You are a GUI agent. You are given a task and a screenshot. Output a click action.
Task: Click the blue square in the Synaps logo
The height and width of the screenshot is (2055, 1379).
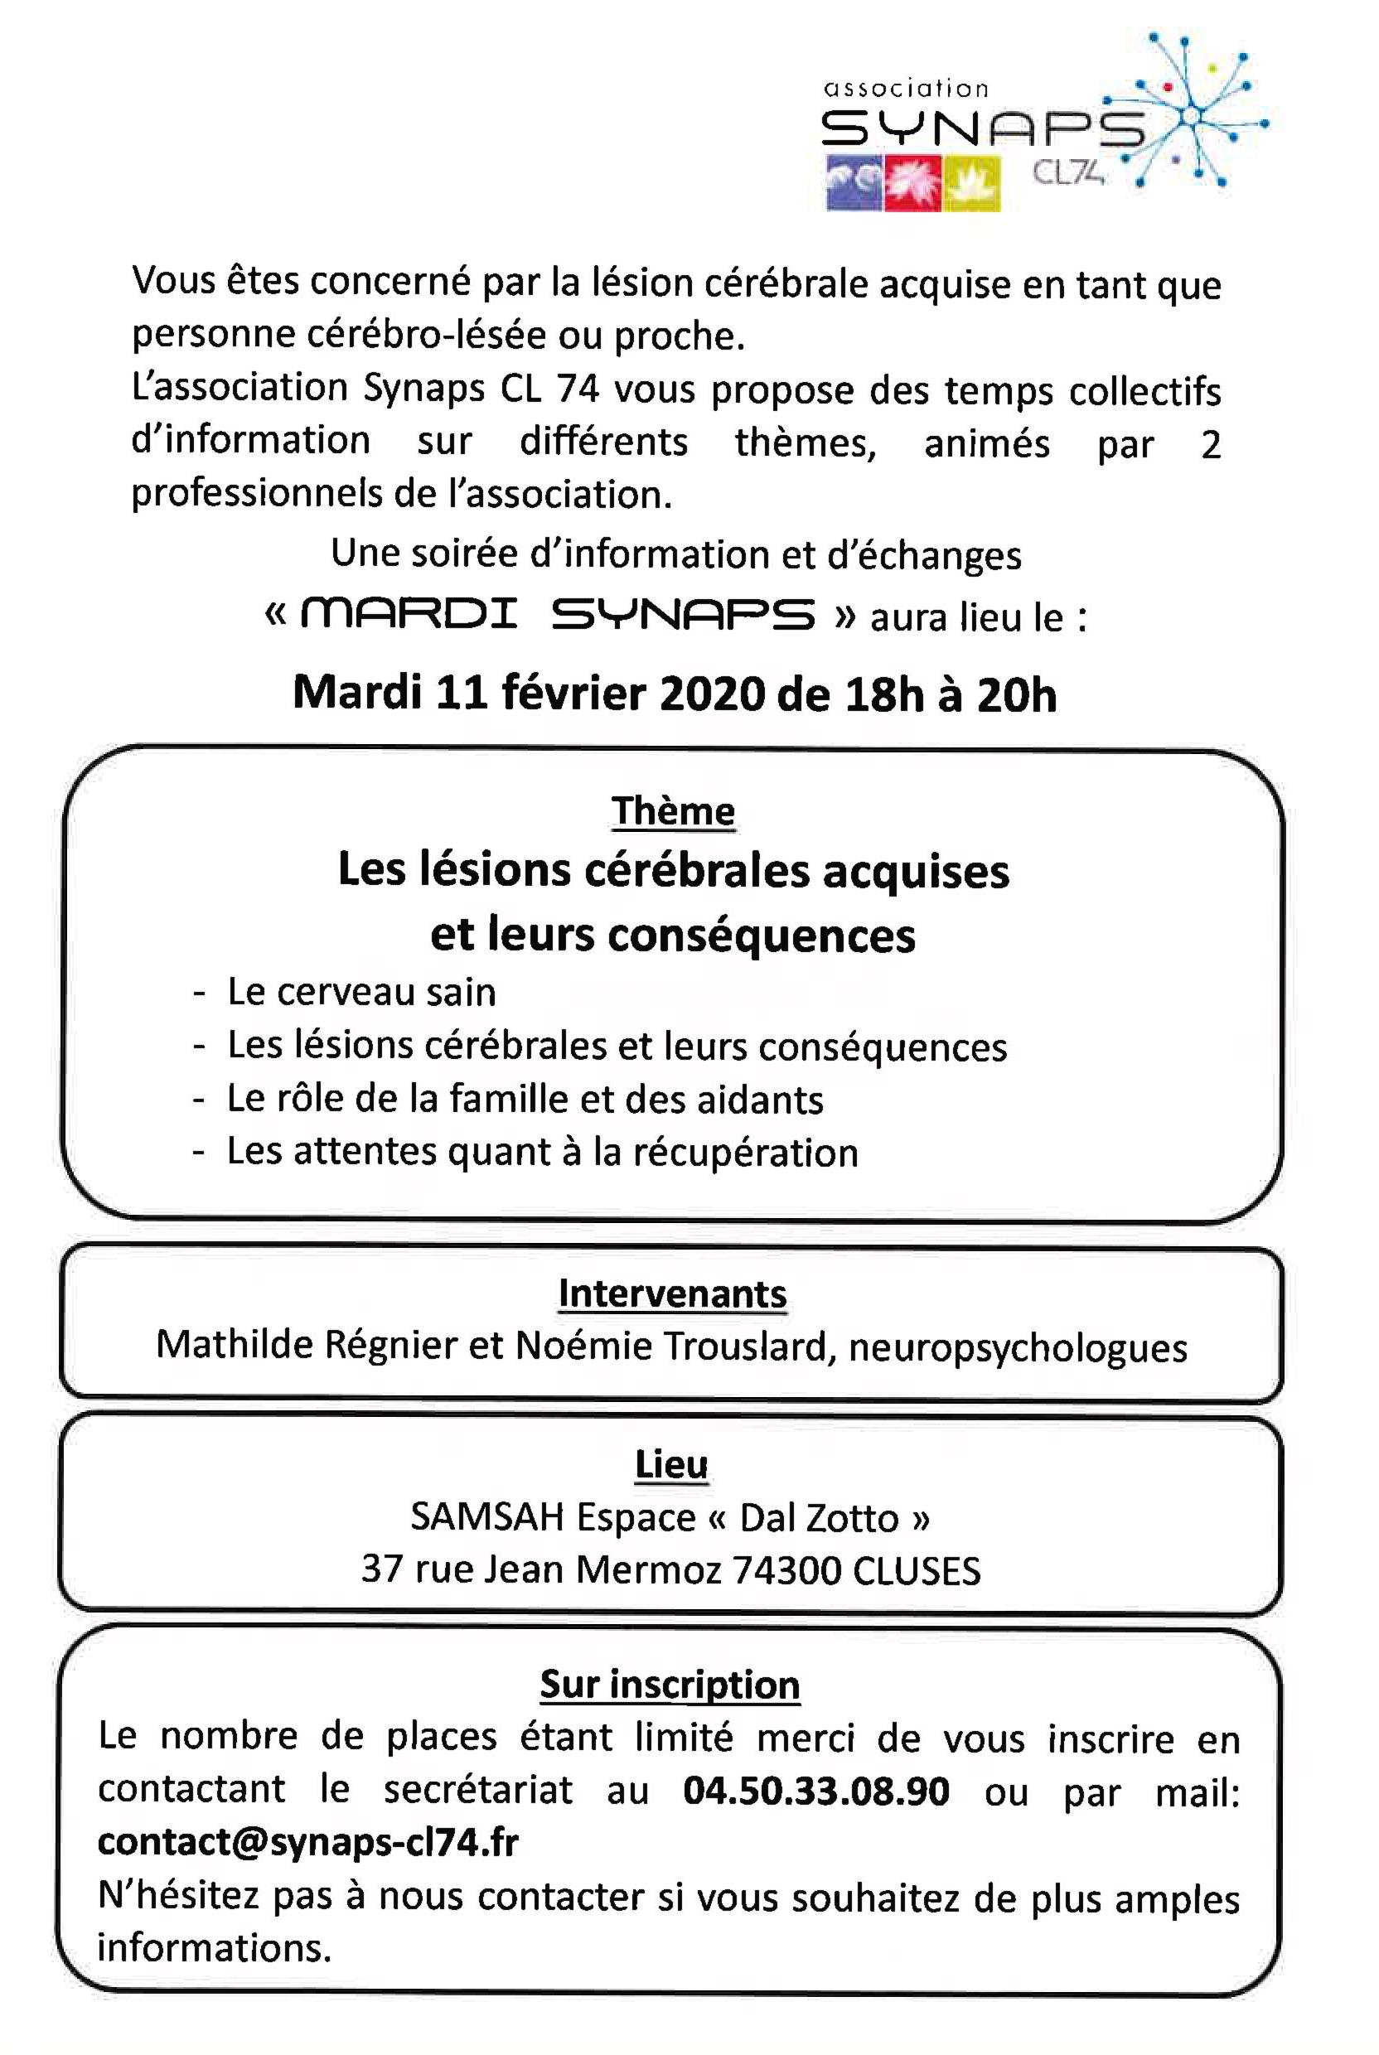tap(854, 183)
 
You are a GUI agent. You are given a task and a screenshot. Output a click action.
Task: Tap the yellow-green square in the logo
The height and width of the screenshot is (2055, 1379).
tap(971, 183)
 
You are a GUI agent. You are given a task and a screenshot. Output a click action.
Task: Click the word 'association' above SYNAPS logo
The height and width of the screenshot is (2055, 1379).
tap(906, 88)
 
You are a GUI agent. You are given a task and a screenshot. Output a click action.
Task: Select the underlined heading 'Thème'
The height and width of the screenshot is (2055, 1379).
tap(673, 810)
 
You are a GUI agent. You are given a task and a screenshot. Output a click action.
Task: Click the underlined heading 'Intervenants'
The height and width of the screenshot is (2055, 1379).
tap(672, 1293)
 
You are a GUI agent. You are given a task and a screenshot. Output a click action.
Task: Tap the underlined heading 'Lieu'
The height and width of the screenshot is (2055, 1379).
tap(672, 1464)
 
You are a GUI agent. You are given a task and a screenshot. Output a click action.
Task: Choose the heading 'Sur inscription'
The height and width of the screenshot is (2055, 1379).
tap(670, 1684)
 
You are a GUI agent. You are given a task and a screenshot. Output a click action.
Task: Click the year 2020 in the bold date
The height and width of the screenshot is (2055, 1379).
tap(713, 694)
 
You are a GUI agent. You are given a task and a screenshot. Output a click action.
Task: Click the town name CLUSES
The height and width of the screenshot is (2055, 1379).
tap(917, 1569)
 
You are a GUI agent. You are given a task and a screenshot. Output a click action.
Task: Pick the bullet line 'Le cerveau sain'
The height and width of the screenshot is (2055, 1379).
tap(361, 992)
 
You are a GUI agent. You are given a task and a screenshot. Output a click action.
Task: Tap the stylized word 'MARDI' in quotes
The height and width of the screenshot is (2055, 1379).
tap(409, 615)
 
